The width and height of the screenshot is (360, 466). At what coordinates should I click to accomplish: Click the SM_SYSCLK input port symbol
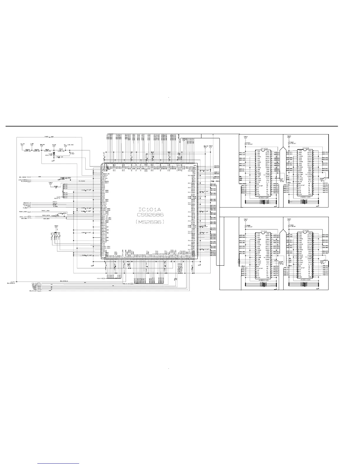click(11, 283)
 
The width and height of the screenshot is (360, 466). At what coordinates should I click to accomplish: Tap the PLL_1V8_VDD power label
click(69, 145)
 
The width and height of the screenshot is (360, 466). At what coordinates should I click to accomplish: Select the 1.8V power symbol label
click(32, 144)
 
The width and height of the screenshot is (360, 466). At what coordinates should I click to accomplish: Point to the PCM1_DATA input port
click(24, 217)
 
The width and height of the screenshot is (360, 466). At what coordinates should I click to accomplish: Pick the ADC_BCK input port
click(24, 219)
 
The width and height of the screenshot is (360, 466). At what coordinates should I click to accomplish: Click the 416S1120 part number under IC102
click(263, 198)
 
